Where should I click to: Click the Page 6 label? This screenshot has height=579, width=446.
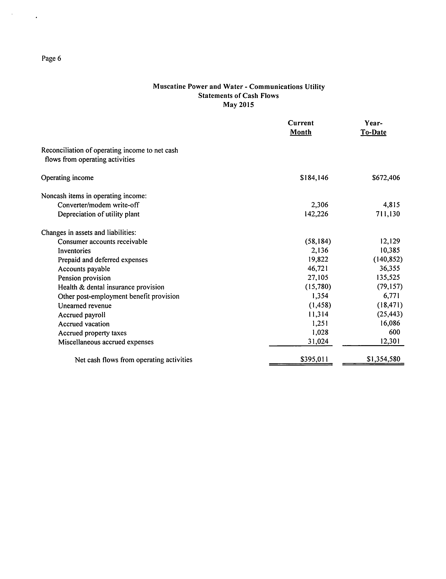[51, 58]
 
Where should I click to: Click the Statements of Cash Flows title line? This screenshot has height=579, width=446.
[238, 96]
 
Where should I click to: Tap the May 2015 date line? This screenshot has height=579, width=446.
[238, 105]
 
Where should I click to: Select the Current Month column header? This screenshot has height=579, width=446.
[300, 128]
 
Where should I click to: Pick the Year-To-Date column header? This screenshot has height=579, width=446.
[373, 128]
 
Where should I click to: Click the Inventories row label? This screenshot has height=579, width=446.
[74, 251]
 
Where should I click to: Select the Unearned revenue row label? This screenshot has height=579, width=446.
[85, 306]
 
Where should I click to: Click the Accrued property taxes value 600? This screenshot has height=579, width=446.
[394, 332]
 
